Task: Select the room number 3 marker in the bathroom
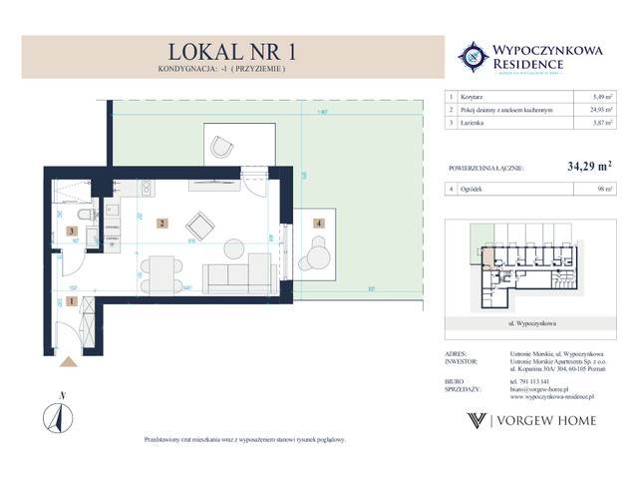coord(70,232)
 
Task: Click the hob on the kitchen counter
coord(146,187)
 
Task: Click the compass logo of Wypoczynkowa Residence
coord(471,57)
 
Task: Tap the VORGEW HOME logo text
coord(553,420)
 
